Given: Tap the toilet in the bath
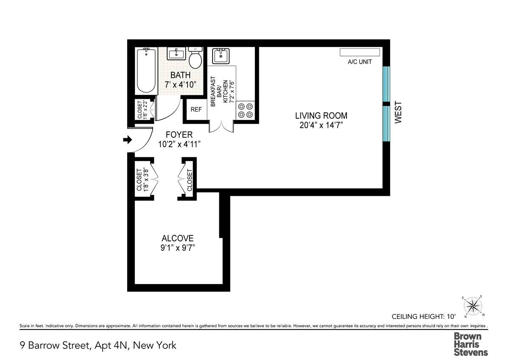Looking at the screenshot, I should pos(195,59).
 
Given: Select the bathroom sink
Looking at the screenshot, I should pos(176,53).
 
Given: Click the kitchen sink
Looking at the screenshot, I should pos(221,56).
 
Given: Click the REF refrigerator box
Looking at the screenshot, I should pos(196,109).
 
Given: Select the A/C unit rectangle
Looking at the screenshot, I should pos(360,52).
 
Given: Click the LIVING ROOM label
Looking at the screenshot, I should pos(321,116).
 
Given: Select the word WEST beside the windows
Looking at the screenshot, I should pos(398,112).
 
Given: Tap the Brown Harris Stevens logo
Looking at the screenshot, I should pos(471,344).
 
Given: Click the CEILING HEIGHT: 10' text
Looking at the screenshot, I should pos(422,316).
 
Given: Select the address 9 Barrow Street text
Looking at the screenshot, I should pos(98,345).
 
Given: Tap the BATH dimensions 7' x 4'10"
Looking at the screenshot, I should pos(181,84).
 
